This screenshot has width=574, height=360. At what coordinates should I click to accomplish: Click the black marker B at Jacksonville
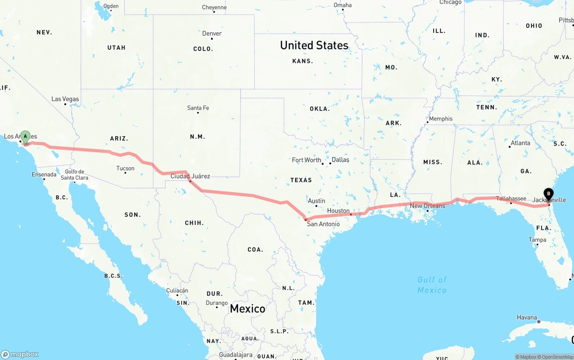click(548, 194)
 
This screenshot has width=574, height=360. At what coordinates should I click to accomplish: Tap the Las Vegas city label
click(65, 99)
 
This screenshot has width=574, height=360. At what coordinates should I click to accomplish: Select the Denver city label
click(212, 34)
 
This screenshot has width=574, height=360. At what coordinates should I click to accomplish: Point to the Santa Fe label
click(198, 108)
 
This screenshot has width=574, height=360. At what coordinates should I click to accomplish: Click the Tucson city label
click(125, 169)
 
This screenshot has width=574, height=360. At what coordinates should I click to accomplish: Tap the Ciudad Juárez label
click(190, 176)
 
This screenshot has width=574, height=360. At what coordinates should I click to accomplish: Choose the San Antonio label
click(323, 224)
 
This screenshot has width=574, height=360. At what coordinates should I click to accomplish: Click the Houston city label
click(338, 211)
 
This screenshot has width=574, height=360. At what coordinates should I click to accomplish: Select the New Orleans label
click(427, 206)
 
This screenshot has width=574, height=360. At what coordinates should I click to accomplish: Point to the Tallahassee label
click(511, 199)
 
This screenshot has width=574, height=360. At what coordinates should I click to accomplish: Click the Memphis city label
click(441, 119)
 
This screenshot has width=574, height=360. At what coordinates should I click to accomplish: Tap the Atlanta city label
click(520, 143)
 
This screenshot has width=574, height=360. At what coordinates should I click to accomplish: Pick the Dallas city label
click(340, 160)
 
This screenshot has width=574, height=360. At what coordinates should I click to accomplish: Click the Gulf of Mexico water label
click(432, 285)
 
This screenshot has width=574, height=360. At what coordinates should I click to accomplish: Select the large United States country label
click(314, 45)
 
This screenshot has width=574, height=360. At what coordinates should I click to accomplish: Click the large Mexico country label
click(248, 308)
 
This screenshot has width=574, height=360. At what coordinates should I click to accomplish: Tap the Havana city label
click(526, 317)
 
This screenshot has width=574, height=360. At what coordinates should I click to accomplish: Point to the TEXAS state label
click(301, 180)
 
